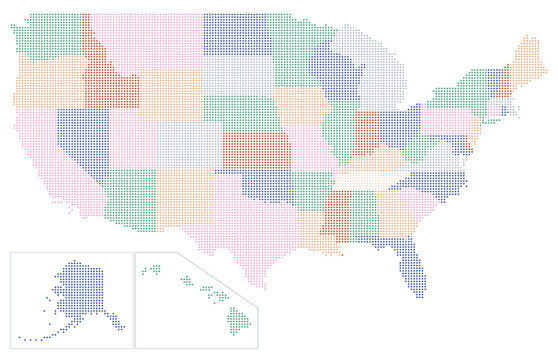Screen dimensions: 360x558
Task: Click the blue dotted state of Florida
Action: click(x=409, y=265)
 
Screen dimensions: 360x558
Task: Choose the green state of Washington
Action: click(x=50, y=36)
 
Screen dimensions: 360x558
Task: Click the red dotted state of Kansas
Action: click(x=256, y=151)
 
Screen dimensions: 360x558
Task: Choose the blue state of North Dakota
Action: click(x=236, y=36)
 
